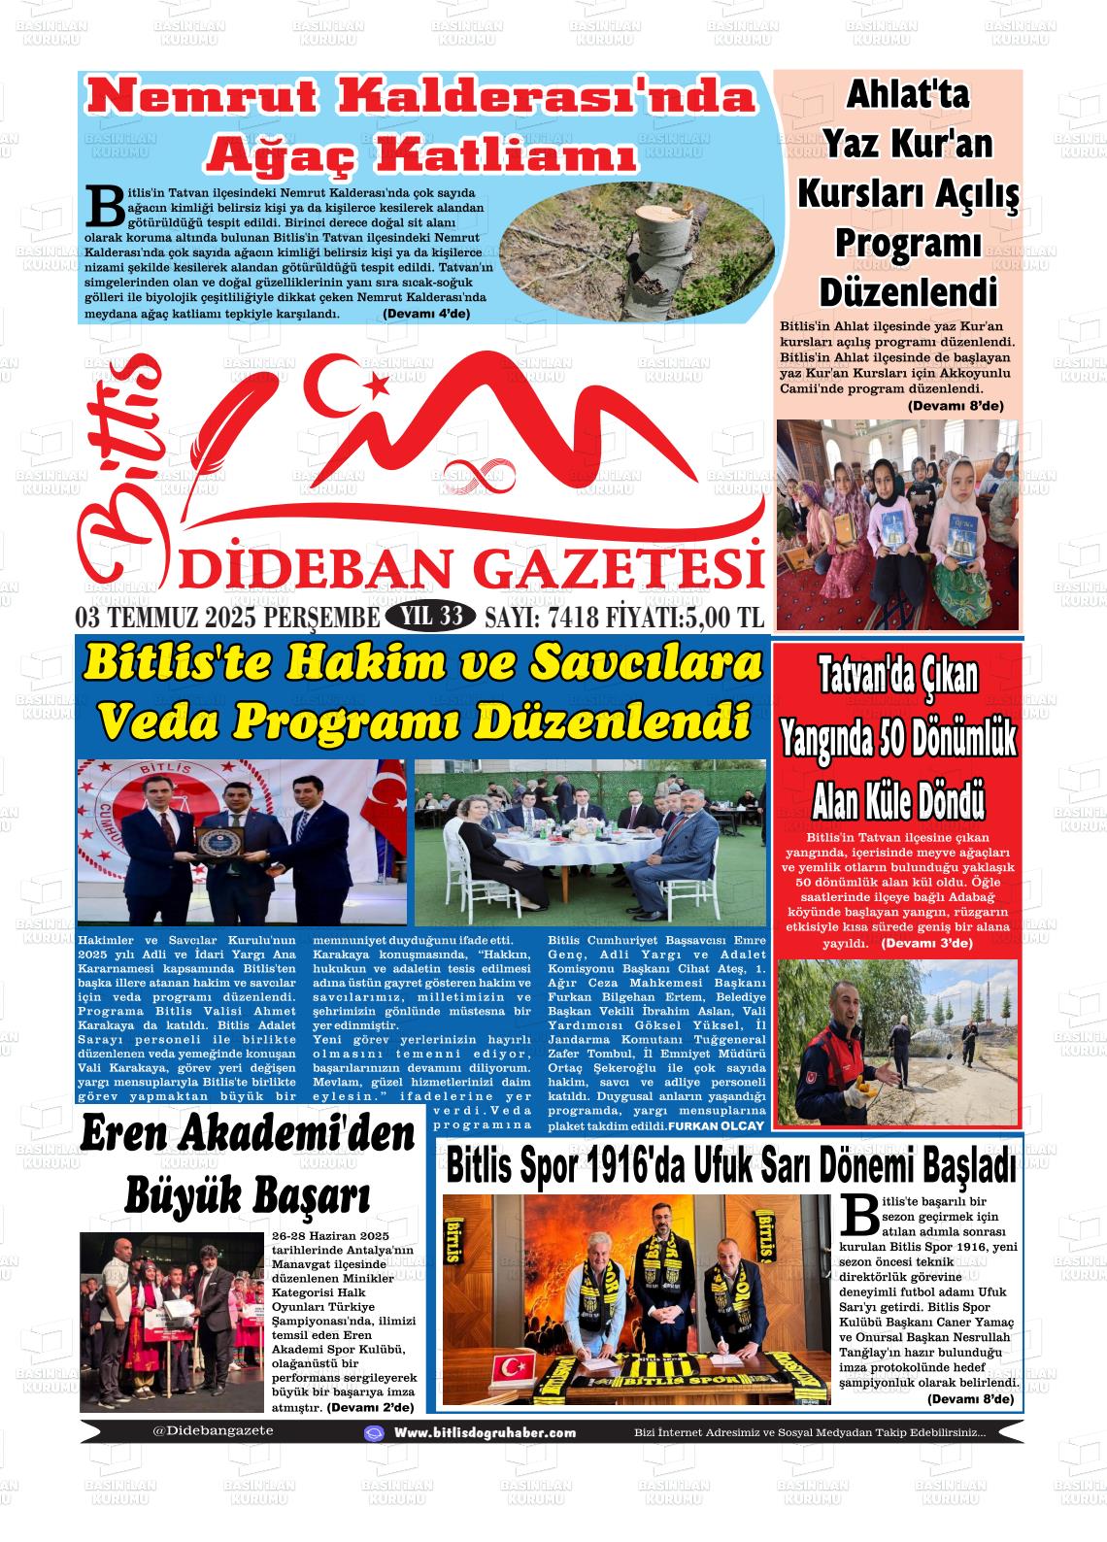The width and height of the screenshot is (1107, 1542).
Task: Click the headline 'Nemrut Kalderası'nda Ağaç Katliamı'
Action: (x=421, y=124)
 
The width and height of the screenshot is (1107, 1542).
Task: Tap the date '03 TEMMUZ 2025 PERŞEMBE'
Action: (x=227, y=617)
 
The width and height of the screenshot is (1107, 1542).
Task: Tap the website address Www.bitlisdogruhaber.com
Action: (x=485, y=1432)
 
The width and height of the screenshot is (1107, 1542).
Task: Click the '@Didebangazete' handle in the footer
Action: (x=213, y=1430)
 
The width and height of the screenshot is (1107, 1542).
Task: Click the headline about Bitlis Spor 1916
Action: (x=730, y=1165)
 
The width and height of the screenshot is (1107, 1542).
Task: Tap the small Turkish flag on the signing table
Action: (x=511, y=1371)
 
